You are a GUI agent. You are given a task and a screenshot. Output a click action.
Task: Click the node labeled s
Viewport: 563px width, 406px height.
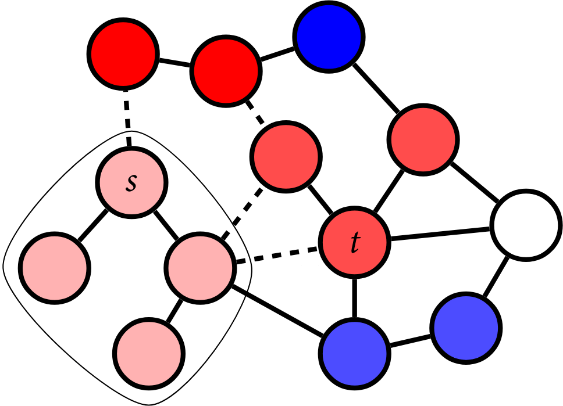click(x=131, y=182)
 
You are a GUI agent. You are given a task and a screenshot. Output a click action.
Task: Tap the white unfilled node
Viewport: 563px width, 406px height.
click(x=525, y=224)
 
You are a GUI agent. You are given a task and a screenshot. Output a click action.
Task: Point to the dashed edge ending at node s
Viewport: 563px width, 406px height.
click(x=127, y=118)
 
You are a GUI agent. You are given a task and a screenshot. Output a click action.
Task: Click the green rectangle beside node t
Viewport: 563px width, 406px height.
click(x=300, y=282)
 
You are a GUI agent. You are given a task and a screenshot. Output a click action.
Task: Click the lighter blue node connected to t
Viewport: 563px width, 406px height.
click(x=354, y=353)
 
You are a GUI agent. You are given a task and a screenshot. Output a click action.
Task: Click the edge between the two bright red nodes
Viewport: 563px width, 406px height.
click(x=174, y=62)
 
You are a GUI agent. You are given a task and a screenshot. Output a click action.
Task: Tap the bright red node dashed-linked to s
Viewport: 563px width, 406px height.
click(x=123, y=53)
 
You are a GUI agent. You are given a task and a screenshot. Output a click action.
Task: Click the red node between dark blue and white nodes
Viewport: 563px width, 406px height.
click(x=423, y=138)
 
